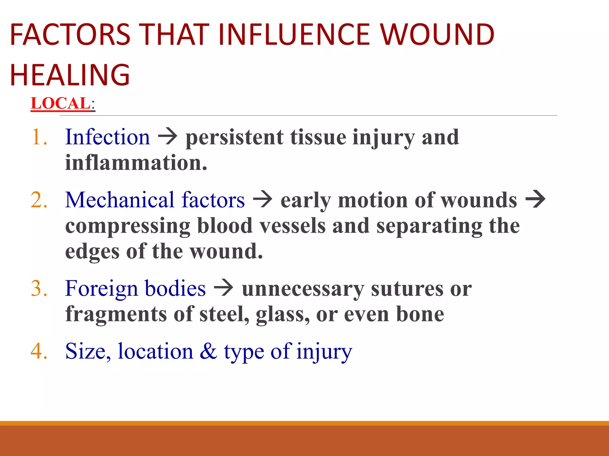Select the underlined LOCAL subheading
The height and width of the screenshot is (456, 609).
coord(61,103)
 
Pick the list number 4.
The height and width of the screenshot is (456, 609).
coord(39,351)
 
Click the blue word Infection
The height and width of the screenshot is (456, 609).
coord(108,137)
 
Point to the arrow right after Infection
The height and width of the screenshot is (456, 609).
coord(168,137)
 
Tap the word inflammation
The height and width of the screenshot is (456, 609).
coord(136,163)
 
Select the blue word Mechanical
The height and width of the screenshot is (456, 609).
coord(120,200)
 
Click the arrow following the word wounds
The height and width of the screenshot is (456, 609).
coord(536,199)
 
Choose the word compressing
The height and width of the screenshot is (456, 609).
coord(128,226)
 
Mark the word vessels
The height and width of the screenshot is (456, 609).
coord(293,226)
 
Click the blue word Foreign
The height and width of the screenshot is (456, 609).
coord(101,288)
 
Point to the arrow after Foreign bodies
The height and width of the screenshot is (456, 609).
coord(224,288)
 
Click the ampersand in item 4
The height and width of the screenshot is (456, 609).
coord(208,351)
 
